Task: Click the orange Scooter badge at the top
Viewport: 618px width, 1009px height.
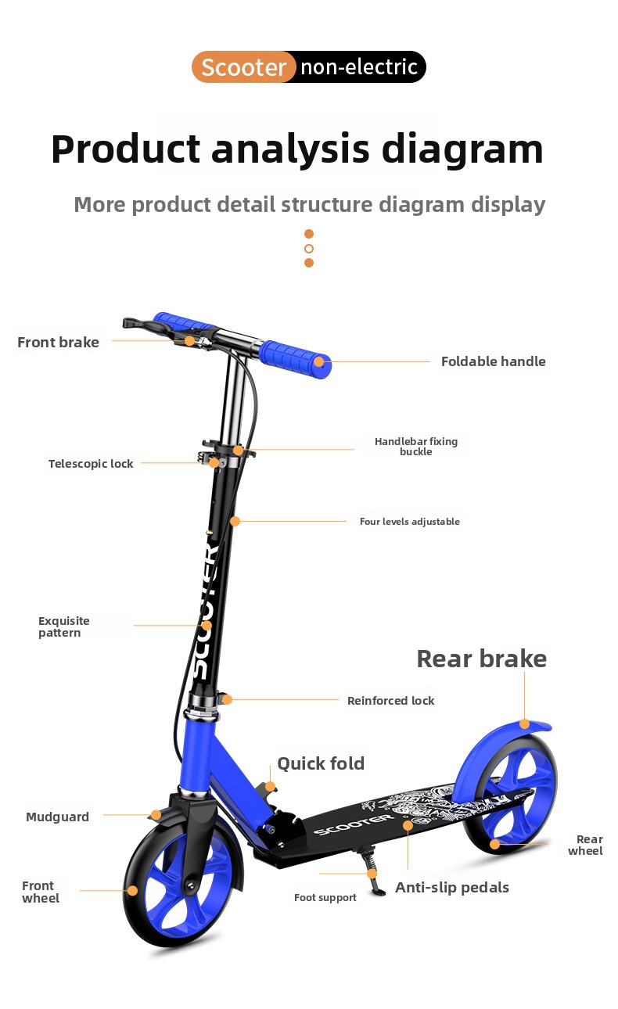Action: [x=243, y=67]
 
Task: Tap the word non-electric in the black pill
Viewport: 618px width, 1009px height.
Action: [x=359, y=67]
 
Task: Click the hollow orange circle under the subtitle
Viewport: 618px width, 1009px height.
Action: [x=308, y=248]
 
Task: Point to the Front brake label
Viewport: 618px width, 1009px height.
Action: [x=58, y=343]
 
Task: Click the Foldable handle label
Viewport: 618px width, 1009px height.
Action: [x=494, y=361]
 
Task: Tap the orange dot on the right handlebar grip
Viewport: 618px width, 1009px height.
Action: [x=319, y=361]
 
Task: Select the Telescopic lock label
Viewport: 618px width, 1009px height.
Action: [x=91, y=464]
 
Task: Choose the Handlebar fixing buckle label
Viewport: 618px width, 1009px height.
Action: [x=415, y=447]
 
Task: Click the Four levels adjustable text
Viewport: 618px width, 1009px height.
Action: [x=409, y=521]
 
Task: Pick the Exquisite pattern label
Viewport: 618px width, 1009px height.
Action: [x=63, y=627]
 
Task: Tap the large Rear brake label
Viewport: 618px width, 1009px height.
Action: [x=482, y=659]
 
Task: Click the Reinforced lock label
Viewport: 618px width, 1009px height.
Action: [x=390, y=701]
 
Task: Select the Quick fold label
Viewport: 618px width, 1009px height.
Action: [x=321, y=763]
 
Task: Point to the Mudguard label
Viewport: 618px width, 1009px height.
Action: [x=57, y=817]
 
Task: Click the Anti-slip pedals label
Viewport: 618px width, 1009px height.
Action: [x=452, y=888]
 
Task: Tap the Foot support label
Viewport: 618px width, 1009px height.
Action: [x=325, y=898]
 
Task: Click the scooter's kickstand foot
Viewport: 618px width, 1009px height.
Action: [x=379, y=891]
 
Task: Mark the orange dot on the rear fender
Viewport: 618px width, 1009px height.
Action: [x=524, y=724]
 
